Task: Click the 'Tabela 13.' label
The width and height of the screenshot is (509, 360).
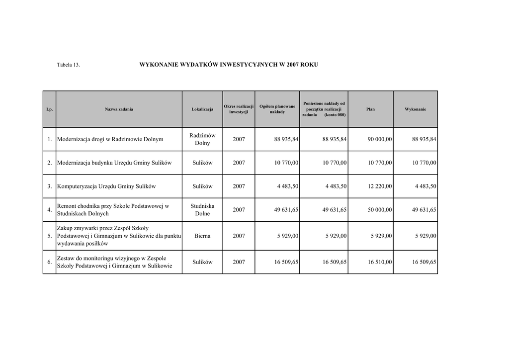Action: (x=68, y=65)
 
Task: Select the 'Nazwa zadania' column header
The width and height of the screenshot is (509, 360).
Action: (x=119, y=109)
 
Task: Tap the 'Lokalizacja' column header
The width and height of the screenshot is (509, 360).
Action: (x=202, y=109)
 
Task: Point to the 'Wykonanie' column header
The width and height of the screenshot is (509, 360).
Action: (x=415, y=109)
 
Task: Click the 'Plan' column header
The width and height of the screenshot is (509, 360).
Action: (x=370, y=109)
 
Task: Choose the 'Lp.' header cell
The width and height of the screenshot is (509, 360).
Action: (x=49, y=109)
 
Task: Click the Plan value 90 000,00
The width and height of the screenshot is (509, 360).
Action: (x=380, y=140)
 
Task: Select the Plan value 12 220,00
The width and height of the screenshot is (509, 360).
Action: (x=380, y=186)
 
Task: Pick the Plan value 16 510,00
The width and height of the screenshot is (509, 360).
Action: (x=380, y=262)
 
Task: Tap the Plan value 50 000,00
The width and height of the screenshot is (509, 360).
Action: (x=380, y=210)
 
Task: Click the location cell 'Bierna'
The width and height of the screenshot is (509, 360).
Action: (x=202, y=236)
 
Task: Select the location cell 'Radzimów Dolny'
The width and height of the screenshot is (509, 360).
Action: (x=202, y=139)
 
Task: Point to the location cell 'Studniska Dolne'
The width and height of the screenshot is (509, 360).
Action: (x=202, y=209)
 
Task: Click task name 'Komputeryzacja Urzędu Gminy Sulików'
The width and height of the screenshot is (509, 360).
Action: (x=107, y=186)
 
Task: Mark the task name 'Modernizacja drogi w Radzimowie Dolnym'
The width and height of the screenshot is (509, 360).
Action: (x=110, y=140)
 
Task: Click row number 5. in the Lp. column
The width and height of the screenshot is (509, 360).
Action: (x=50, y=236)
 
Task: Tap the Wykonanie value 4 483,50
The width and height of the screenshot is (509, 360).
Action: (x=424, y=186)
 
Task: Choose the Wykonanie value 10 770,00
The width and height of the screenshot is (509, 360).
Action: (x=424, y=163)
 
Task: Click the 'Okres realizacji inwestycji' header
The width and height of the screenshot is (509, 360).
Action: (x=239, y=109)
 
